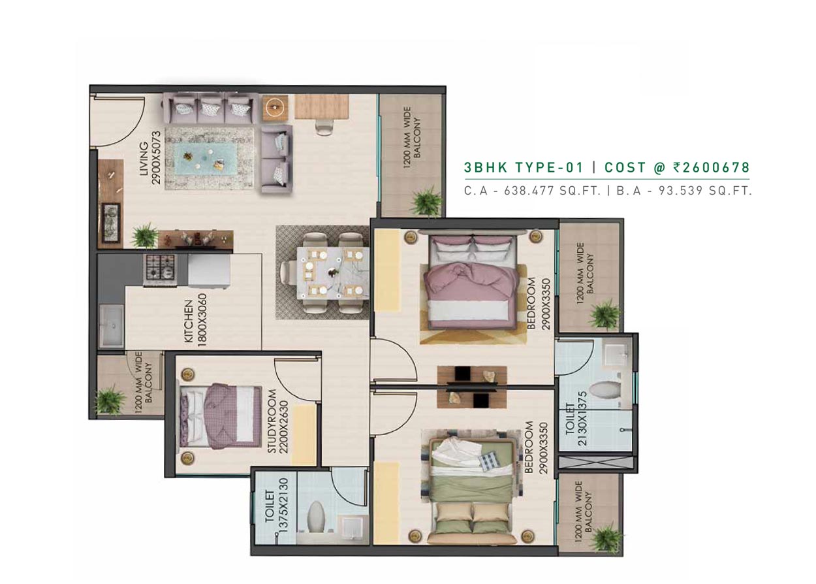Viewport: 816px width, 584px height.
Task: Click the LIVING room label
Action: pos(144,159)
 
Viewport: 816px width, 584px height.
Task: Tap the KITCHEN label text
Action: pos(189,321)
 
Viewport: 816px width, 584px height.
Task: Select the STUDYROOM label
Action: pos(272,421)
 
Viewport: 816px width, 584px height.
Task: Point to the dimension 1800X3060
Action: pos(202,319)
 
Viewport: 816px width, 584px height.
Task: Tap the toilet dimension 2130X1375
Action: pos(582,419)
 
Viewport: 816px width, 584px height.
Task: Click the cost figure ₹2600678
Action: pos(711,167)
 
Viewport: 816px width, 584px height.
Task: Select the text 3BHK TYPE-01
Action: pos(524,167)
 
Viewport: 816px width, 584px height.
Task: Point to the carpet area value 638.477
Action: pos(529,191)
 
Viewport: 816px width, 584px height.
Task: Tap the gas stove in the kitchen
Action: pos(161,270)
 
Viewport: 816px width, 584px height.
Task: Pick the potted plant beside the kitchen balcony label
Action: pos(109,400)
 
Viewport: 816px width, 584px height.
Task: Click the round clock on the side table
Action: pos(274,107)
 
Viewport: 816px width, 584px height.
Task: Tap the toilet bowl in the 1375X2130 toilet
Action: pos(315,517)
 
